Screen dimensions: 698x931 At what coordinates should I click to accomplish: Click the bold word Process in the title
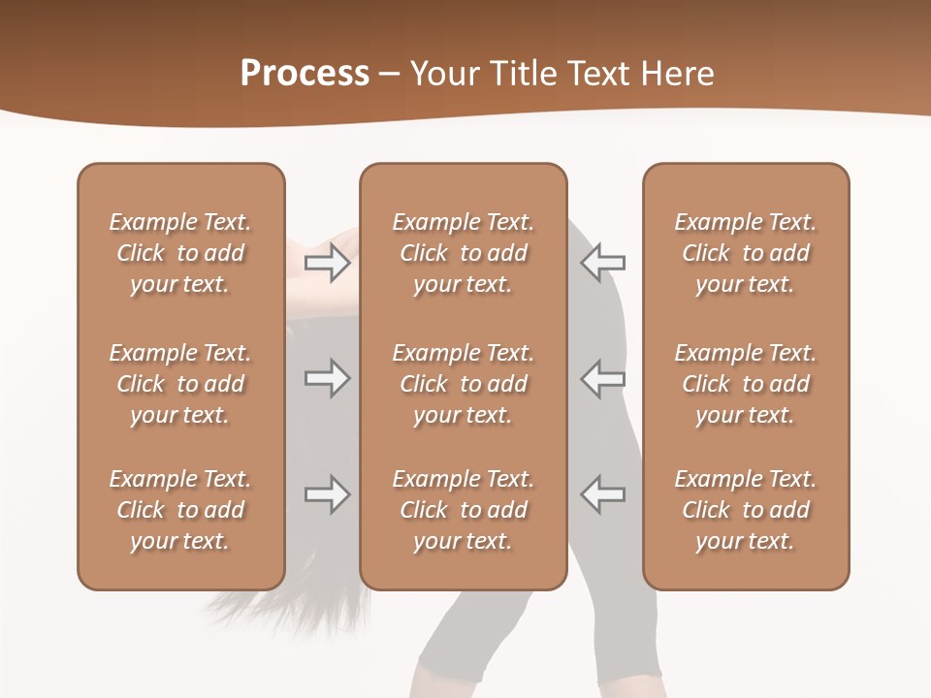point(305,74)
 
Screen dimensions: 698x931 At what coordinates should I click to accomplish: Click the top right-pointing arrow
point(328,262)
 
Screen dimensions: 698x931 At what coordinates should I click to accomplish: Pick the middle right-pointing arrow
point(328,378)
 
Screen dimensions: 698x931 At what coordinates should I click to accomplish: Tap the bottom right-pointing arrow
point(328,494)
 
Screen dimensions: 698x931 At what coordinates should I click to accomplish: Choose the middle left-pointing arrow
point(602,378)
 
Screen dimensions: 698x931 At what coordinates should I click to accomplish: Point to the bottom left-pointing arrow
point(602,494)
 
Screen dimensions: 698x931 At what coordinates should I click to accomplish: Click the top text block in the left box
point(180,253)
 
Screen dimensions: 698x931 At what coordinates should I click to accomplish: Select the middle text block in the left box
point(180,384)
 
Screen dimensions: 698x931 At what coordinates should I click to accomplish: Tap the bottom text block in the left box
point(180,510)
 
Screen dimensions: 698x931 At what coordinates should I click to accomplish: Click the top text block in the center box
point(464,253)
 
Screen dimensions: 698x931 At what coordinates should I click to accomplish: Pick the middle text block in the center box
point(464,384)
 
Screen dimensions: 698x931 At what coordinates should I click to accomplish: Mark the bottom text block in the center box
point(464,510)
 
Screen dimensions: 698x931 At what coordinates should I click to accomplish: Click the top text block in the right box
point(746,253)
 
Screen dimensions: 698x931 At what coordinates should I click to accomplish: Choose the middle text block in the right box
point(746,384)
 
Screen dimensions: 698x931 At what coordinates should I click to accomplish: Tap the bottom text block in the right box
point(746,510)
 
